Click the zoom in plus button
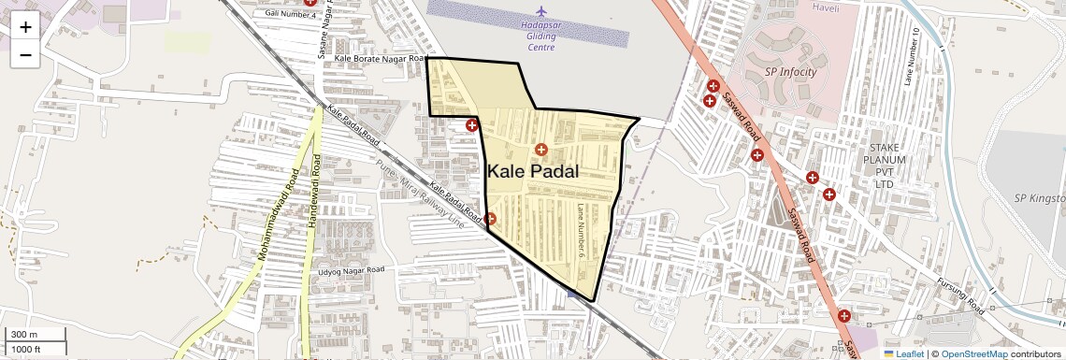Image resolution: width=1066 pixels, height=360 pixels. tap(25, 26)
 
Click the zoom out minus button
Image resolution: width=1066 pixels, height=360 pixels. tap(25, 54)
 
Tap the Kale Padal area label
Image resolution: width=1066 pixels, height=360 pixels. tap(533, 172)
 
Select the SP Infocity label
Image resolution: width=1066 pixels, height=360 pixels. tap(790, 72)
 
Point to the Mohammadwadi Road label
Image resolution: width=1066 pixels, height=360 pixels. tap(277, 214)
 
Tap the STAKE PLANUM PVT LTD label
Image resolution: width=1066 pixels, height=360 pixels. tap(884, 166)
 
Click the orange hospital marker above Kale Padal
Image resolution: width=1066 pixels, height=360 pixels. tap(540, 149)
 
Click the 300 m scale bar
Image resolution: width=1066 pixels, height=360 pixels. tap(36, 335)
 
